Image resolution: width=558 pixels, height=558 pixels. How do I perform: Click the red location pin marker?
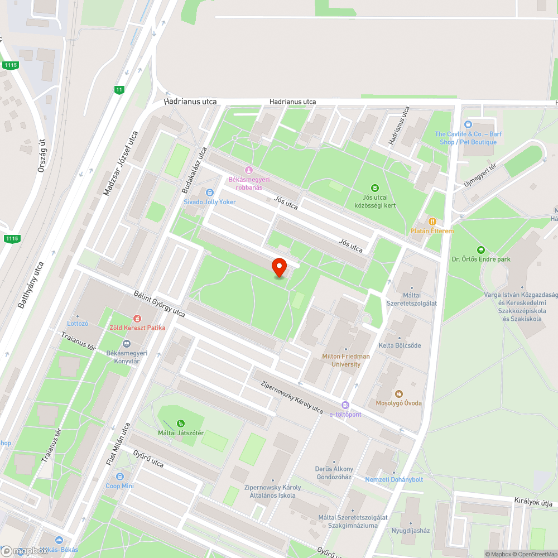point(279,267)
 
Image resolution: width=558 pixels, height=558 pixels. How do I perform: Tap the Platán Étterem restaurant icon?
point(432,221)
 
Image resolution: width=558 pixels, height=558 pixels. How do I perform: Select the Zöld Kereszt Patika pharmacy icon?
point(137,318)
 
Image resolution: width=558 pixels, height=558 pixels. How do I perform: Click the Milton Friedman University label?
point(345,360)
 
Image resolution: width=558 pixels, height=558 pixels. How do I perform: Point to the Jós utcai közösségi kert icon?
point(375,187)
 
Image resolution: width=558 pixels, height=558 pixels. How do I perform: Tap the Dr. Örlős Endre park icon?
point(480,249)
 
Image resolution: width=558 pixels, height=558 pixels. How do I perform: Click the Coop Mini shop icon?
point(120,477)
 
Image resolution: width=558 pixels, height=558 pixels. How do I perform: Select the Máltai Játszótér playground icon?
point(180,424)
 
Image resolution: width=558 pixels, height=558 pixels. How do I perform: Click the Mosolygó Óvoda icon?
point(399,393)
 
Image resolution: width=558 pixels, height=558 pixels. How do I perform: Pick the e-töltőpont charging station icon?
point(345,405)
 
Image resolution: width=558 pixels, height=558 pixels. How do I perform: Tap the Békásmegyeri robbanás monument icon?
point(249,170)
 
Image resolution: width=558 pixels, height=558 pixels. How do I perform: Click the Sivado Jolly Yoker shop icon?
point(210,192)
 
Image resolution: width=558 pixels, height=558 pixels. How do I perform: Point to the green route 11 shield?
point(118,90)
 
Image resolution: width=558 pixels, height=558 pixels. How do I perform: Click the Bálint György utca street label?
point(159,303)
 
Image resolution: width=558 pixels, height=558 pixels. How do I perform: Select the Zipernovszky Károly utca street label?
point(292,397)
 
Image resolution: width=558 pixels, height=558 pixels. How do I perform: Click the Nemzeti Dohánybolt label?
point(394,479)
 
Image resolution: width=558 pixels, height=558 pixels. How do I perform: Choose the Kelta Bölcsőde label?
point(400,345)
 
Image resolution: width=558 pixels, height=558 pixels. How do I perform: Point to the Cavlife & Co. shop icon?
point(468,124)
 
